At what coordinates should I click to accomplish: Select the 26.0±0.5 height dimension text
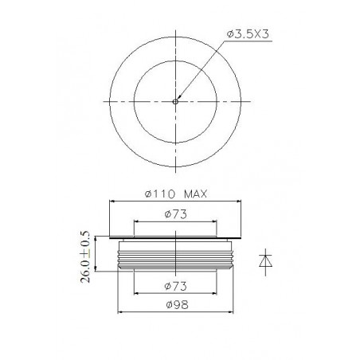point(84,256)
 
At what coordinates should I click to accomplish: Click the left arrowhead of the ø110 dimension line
point(111,201)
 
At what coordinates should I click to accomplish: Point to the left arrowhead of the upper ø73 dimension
point(136,221)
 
